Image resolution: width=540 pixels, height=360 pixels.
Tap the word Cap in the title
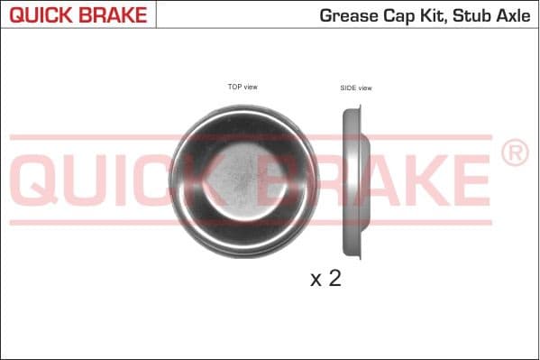[398, 15]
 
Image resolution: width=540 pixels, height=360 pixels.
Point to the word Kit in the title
[434, 15]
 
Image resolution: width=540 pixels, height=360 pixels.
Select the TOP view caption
[243, 87]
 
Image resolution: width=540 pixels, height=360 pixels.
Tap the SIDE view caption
[356, 88]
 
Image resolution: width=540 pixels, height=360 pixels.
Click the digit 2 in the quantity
[334, 279]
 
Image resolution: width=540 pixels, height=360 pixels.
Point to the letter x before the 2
[316, 281]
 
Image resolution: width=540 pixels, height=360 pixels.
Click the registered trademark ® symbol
[514, 153]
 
